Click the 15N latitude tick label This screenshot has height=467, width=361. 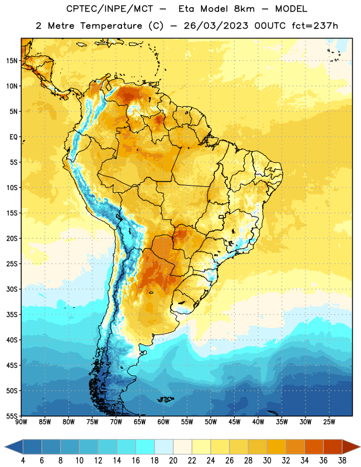coord(12,61)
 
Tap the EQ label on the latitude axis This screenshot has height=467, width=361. coord(13,137)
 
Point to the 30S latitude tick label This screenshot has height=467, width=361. coord(12,289)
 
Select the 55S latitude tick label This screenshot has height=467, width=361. coord(12,416)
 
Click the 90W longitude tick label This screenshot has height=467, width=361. coord(21,422)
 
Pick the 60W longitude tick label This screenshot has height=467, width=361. coord(164,422)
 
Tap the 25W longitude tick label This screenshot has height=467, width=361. coord(329,422)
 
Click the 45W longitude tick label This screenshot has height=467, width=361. coord(234,422)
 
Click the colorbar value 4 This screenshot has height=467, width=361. coord(23,461)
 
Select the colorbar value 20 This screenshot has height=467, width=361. coord(173,461)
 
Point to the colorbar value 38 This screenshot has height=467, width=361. coord(342,461)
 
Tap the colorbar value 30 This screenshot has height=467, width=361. coord(267,461)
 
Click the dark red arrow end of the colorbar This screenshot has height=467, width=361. coord(350,447)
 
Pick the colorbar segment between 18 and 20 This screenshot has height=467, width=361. coord(164,447)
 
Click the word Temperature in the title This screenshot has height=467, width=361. coord(111,26)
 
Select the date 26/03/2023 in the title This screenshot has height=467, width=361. coord(216,26)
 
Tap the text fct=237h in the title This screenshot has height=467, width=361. coord(315,26)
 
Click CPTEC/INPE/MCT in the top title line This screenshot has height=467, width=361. coord(110,9)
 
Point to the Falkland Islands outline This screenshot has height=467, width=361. coord(166,399)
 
